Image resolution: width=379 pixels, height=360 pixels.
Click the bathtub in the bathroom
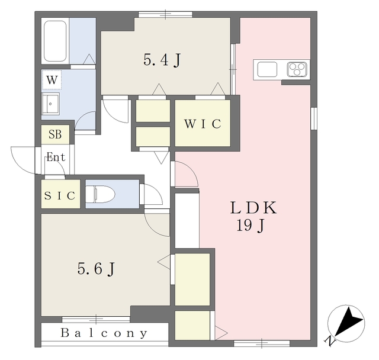point(55,41)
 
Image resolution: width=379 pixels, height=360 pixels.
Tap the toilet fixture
point(100,194)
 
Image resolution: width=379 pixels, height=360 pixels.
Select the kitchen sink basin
point(267,70)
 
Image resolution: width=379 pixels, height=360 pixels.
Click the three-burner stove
point(297,70)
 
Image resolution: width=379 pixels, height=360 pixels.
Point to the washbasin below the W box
point(50,104)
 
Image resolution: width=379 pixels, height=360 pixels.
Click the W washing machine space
point(52,80)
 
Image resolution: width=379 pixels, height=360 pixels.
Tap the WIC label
point(203,124)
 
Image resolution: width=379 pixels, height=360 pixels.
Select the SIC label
point(60,195)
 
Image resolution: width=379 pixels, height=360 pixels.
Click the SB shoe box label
point(55,134)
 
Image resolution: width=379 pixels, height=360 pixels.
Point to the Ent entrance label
point(56,157)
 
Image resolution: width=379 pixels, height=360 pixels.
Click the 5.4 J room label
point(162,60)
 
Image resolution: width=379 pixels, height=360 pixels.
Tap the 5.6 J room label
point(96,269)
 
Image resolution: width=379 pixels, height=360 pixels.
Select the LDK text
point(253,208)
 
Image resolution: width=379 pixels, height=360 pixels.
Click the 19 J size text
point(250,226)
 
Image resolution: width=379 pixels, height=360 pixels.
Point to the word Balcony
point(104,333)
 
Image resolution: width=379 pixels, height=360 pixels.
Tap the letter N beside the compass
point(330,341)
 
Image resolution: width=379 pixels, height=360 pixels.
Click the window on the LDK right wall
point(314,118)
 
